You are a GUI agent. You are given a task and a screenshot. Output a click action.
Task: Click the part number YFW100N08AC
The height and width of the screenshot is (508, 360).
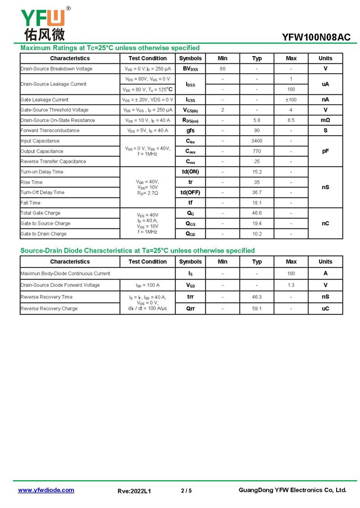(x=316, y=37)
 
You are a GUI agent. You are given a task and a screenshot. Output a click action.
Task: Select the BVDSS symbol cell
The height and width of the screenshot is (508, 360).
(x=190, y=69)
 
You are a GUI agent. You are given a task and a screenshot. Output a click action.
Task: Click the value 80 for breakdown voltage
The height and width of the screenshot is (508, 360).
(x=222, y=69)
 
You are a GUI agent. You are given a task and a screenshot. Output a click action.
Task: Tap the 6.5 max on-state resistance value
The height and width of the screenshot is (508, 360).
(x=291, y=120)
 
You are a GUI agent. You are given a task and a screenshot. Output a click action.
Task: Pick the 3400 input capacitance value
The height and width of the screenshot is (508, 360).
(x=256, y=141)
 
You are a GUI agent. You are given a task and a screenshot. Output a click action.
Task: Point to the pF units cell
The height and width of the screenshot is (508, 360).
(x=325, y=151)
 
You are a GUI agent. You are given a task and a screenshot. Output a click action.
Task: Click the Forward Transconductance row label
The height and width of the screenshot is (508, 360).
(x=50, y=130)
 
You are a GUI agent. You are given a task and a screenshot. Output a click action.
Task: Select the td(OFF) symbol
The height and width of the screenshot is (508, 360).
(x=190, y=192)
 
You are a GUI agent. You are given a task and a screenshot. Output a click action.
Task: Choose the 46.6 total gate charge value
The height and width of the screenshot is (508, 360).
(x=256, y=213)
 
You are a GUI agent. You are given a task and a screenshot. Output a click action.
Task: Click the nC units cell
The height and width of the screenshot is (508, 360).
(x=325, y=223)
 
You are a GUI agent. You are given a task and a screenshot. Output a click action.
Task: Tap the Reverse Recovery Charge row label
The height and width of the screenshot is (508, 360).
(x=49, y=308)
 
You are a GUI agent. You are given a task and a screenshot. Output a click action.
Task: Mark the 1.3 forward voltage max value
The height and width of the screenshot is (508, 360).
(x=291, y=285)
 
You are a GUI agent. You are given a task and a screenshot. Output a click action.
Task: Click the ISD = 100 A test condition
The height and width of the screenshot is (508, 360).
(x=148, y=285)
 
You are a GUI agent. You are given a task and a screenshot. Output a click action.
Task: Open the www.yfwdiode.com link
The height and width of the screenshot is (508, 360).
(x=46, y=490)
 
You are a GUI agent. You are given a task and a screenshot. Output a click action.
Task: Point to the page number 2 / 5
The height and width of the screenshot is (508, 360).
(x=186, y=490)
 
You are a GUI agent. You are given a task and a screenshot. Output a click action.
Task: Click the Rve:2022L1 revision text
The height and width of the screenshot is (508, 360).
(x=134, y=491)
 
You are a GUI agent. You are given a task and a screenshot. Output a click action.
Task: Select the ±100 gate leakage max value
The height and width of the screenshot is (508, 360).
(x=291, y=100)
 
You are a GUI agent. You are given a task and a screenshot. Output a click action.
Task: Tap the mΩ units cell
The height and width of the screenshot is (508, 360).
(x=325, y=120)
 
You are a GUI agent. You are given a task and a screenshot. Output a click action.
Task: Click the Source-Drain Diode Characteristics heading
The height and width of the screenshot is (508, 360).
(x=138, y=250)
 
